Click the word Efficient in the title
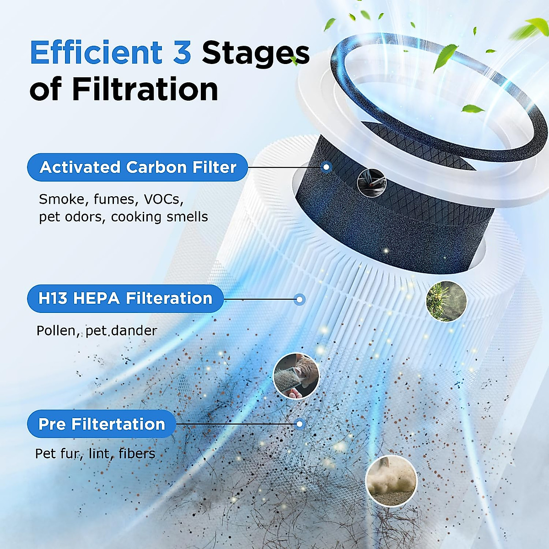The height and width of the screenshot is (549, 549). pos(96,53)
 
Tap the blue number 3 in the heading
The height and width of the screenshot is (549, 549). pos(182,53)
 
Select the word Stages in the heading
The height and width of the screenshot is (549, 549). pos(255,54)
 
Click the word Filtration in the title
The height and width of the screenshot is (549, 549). pos(145,89)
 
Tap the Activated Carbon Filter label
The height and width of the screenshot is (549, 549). pos(137,167)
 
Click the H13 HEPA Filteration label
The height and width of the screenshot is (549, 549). pos(125,299)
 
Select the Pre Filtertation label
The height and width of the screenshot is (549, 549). pos(102,424)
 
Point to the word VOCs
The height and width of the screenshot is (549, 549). pos(163,199)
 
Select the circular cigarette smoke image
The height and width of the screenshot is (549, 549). pos(371,182)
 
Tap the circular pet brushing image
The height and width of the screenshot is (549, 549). pos(296,376)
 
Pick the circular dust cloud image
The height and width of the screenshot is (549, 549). pos(391,480)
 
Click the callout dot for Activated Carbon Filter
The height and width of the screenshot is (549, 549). pos(326,167)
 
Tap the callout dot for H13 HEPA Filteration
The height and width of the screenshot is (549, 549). pos(300,300)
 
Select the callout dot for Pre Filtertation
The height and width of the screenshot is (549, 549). pos(300,424)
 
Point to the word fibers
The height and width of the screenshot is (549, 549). pos(137,453)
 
